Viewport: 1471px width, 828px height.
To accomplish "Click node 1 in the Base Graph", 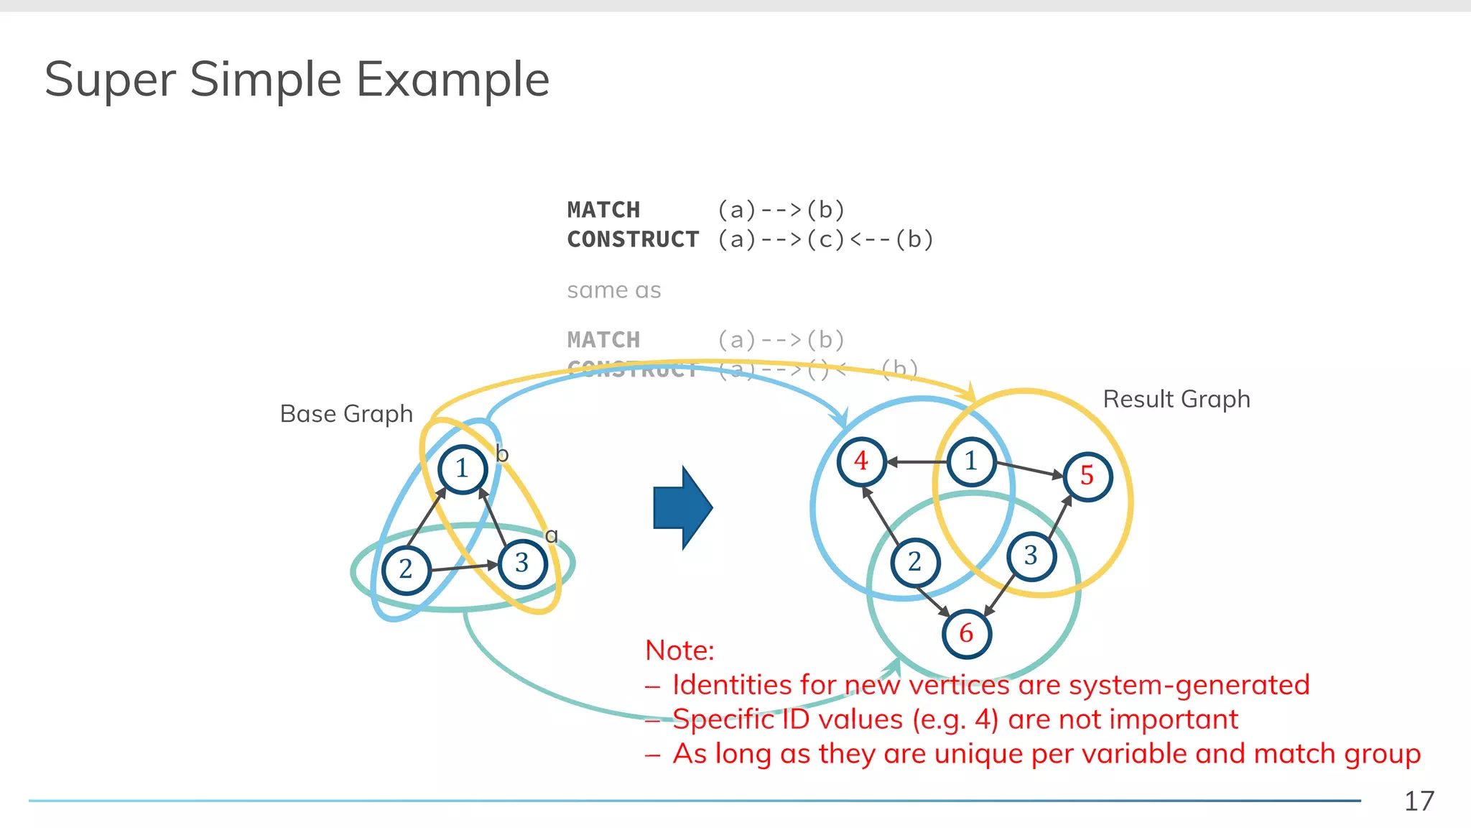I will (463, 469).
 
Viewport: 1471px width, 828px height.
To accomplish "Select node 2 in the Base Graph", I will (407, 569).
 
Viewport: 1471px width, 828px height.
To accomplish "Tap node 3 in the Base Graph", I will (522, 563).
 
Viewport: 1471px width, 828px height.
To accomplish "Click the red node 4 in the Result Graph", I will (861, 461).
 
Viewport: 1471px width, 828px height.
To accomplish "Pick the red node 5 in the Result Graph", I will (1087, 476).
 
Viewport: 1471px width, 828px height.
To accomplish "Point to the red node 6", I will (967, 634).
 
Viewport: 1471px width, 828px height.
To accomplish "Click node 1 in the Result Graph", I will (971, 461).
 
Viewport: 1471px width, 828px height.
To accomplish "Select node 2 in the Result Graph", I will (915, 562).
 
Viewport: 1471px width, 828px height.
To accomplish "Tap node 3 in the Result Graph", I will (1031, 556).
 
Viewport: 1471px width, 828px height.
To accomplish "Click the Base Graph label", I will (346, 414).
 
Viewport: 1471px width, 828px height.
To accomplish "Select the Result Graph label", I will (1176, 399).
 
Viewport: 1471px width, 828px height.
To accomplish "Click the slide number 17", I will (1419, 801).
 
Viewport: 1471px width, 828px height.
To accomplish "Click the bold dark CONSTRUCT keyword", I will (633, 239).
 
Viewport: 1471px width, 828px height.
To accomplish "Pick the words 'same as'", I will (613, 290).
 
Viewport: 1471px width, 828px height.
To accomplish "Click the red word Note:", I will (679, 650).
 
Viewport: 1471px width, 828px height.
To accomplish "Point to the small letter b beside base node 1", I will (502, 454).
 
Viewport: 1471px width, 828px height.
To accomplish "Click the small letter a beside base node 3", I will (552, 535).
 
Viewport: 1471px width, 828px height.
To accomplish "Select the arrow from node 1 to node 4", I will (917, 462).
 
